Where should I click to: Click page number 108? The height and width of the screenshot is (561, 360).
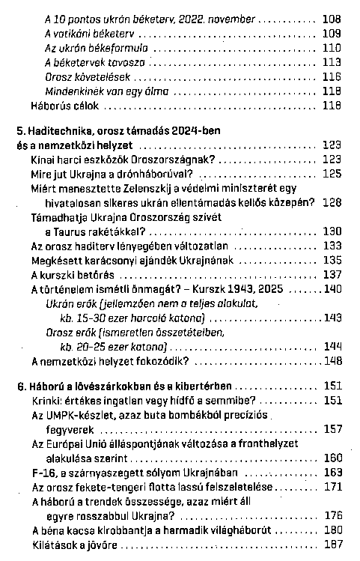pyautogui.click(x=332, y=18)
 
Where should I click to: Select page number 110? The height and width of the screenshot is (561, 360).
pyautogui.click(x=332, y=48)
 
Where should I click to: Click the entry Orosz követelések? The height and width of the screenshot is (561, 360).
pyautogui.click(x=82, y=76)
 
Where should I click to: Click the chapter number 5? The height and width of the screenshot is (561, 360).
pyautogui.click(x=19, y=131)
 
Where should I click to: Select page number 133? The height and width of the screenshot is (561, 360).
pyautogui.click(x=332, y=245)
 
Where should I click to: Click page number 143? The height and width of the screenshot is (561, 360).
pyautogui.click(x=332, y=318)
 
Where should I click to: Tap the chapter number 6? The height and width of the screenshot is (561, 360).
pyautogui.click(x=19, y=386)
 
